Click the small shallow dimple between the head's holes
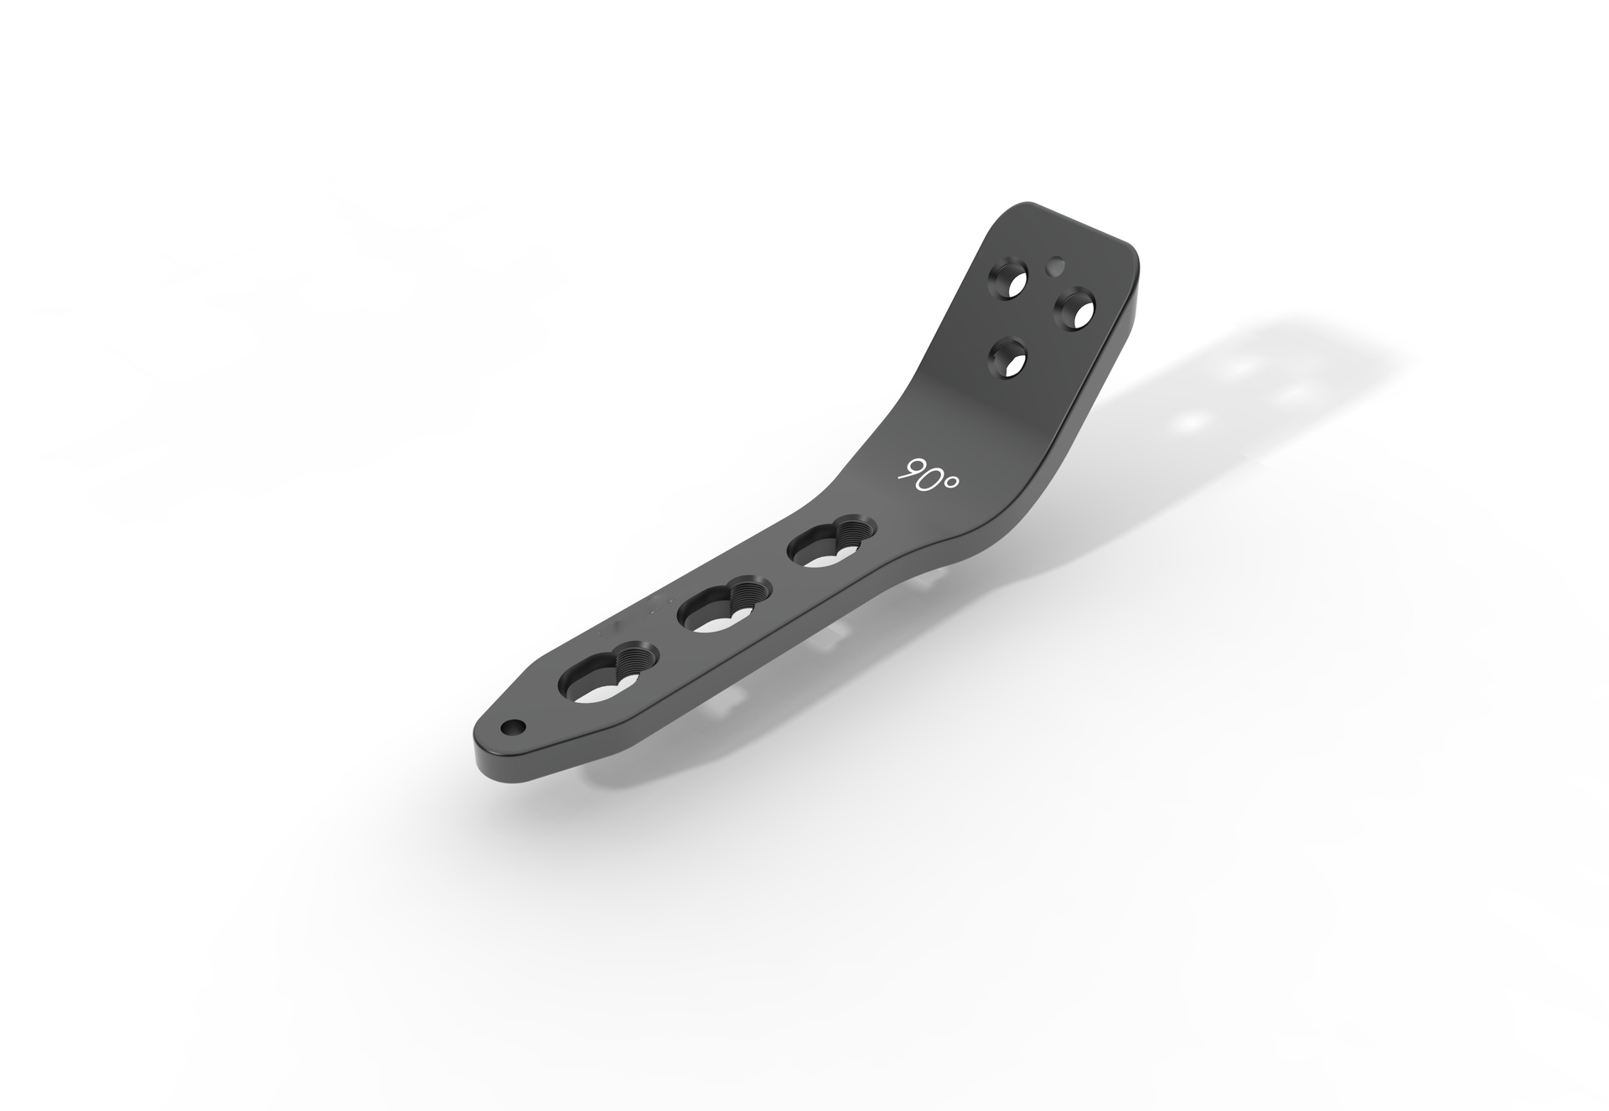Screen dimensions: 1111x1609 [1057, 266]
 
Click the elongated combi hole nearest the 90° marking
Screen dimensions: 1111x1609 [828, 549]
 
